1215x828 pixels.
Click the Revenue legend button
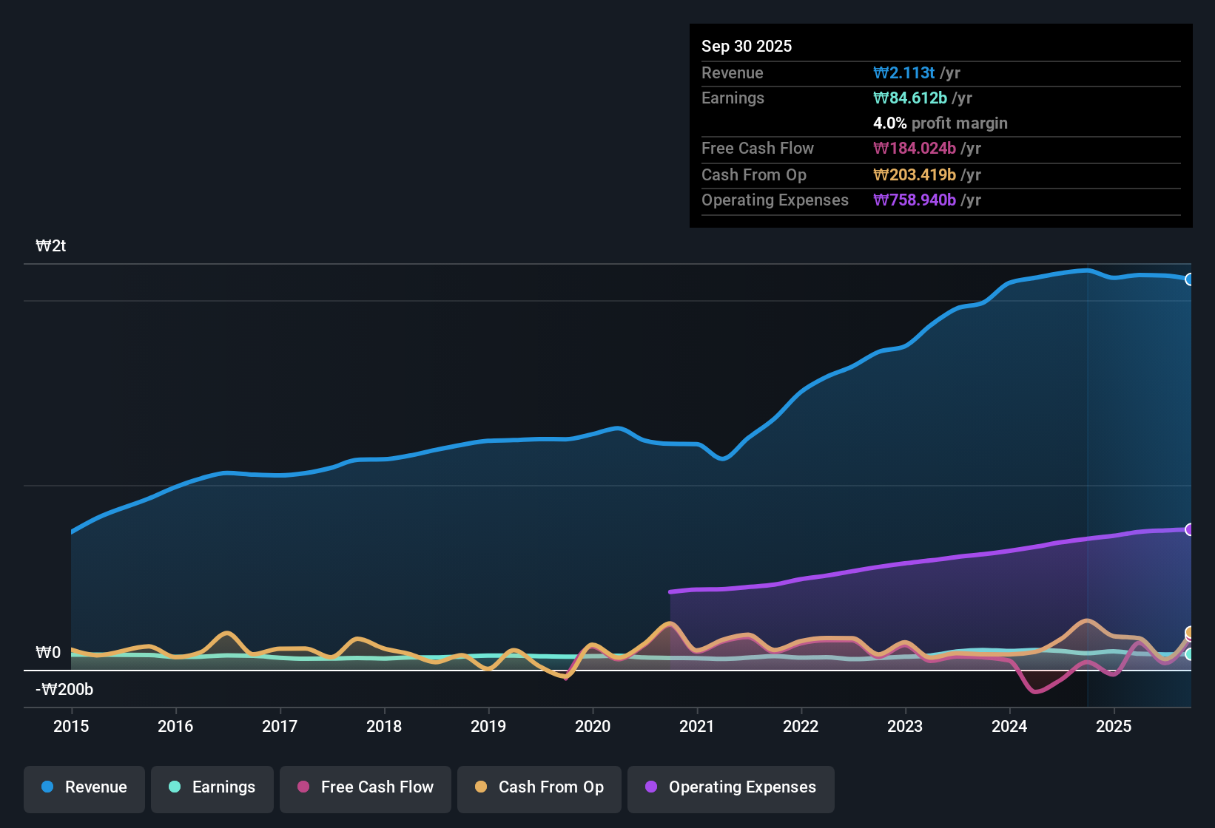coord(84,787)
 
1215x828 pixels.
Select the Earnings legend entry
coord(212,787)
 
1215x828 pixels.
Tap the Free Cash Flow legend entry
coord(366,787)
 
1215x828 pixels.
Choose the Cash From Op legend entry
coord(539,787)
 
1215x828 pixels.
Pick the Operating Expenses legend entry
coord(731,787)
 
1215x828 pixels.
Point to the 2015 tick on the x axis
coord(71,726)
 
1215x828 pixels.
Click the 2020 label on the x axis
coord(593,726)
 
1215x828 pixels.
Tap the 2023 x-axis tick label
coord(905,726)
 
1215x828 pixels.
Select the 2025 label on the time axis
coord(1114,726)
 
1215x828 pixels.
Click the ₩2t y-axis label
coord(51,246)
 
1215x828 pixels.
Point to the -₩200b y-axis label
coord(64,690)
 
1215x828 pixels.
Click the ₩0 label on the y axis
coord(48,653)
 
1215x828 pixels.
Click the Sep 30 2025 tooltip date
coord(747,46)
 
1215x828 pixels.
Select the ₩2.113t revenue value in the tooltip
coord(904,72)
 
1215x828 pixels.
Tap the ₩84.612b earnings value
coord(910,98)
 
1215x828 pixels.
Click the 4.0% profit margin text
coord(940,123)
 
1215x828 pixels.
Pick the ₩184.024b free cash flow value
coord(915,148)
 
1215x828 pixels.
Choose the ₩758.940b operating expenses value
coord(915,200)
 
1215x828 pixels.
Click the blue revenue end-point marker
coord(1190,279)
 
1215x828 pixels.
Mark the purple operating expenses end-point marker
coord(1190,529)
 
